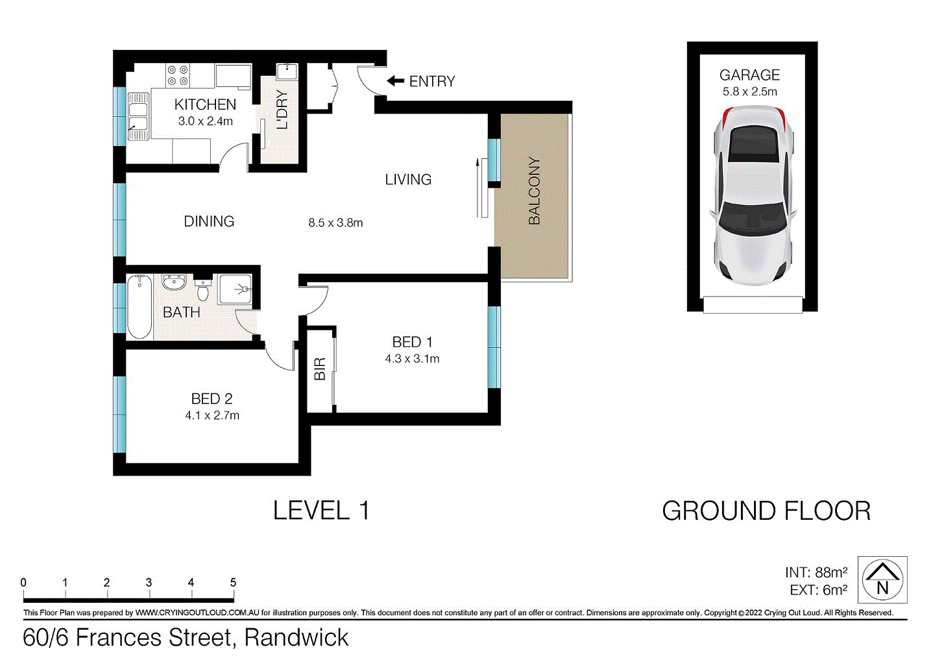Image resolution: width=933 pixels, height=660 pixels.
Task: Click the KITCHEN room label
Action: (x=205, y=104)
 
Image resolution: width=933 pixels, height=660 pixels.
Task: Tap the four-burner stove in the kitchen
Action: (x=178, y=75)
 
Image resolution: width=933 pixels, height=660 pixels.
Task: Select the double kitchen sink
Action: (x=138, y=116)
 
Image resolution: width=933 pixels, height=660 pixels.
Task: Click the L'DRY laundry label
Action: (x=282, y=110)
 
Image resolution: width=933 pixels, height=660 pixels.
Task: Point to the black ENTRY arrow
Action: (x=395, y=81)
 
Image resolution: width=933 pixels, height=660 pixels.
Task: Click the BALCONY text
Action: (x=534, y=191)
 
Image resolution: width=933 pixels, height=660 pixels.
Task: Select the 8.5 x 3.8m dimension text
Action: (x=335, y=223)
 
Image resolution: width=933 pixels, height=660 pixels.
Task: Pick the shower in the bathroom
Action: (x=234, y=289)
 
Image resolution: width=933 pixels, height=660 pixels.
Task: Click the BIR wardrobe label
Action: (x=320, y=369)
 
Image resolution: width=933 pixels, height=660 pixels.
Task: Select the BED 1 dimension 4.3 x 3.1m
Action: (x=412, y=359)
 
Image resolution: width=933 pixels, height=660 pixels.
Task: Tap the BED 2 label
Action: (x=212, y=398)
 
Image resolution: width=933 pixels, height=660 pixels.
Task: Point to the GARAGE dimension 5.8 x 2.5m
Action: (x=749, y=92)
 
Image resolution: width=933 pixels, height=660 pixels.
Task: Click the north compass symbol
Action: (x=882, y=580)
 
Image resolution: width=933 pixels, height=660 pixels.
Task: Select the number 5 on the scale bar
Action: (x=233, y=583)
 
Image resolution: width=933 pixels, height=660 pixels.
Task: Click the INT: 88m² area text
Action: (x=816, y=572)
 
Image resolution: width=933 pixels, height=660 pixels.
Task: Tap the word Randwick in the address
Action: (x=297, y=638)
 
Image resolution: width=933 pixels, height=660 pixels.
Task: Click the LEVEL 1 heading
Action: (x=321, y=511)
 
